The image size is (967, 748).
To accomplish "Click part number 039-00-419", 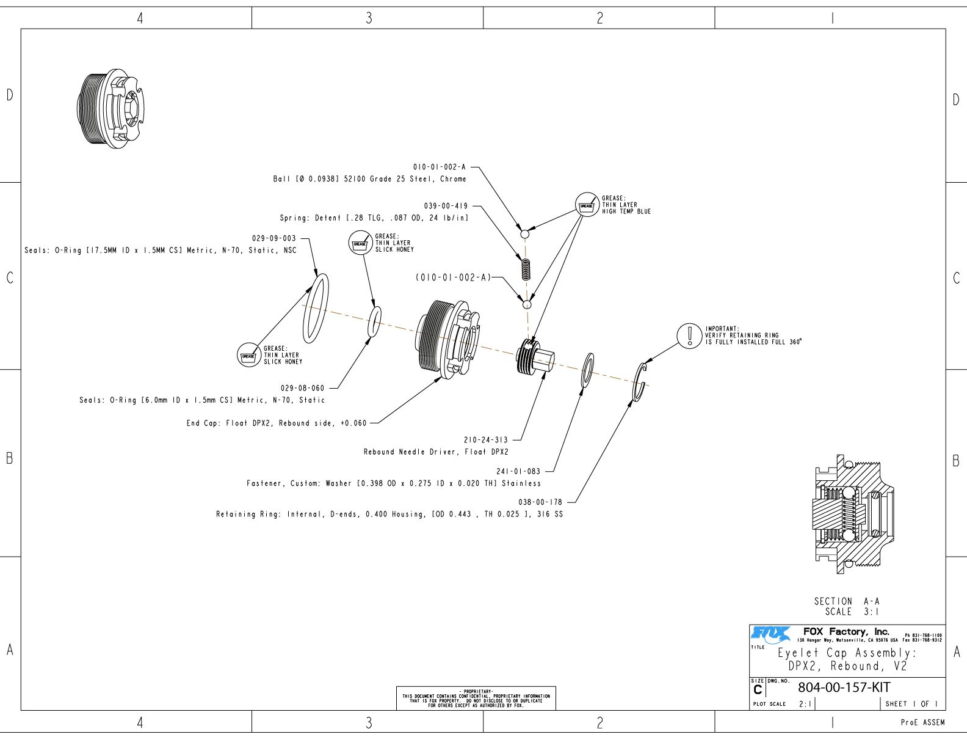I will click(446, 206).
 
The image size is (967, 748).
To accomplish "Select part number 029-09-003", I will click(273, 238).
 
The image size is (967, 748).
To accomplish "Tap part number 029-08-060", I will click(303, 388).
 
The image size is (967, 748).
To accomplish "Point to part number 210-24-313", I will click(486, 439).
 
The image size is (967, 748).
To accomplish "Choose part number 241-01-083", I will click(518, 471).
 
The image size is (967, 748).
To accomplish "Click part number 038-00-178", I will click(540, 502).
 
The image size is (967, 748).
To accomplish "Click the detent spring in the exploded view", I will click(526, 268).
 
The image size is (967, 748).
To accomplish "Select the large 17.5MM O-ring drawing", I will click(316, 308).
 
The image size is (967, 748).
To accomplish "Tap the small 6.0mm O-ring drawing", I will click(375, 321).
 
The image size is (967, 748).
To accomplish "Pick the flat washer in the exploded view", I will click(589, 370).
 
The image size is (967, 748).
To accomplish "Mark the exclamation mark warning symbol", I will click(690, 335).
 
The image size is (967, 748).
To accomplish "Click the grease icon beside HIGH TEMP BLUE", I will click(587, 206).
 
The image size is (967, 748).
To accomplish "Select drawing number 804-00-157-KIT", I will click(844, 687).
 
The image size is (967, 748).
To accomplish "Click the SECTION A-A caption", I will click(847, 606).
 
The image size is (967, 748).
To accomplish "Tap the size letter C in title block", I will click(758, 690).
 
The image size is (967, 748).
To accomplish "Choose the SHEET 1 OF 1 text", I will click(911, 704).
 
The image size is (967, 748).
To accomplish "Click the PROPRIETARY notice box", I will click(476, 698).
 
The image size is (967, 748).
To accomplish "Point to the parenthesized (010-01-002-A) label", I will click(454, 277).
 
